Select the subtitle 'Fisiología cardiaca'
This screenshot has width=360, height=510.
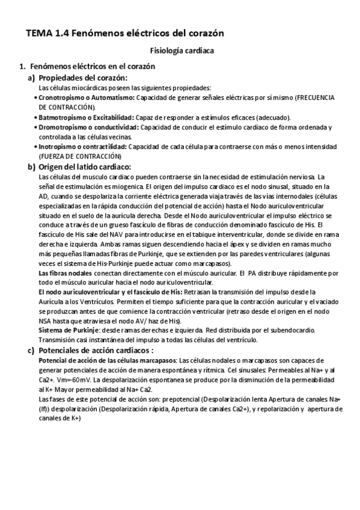pos(181,52)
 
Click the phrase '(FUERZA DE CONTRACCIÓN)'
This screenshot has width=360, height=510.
pos(75,156)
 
